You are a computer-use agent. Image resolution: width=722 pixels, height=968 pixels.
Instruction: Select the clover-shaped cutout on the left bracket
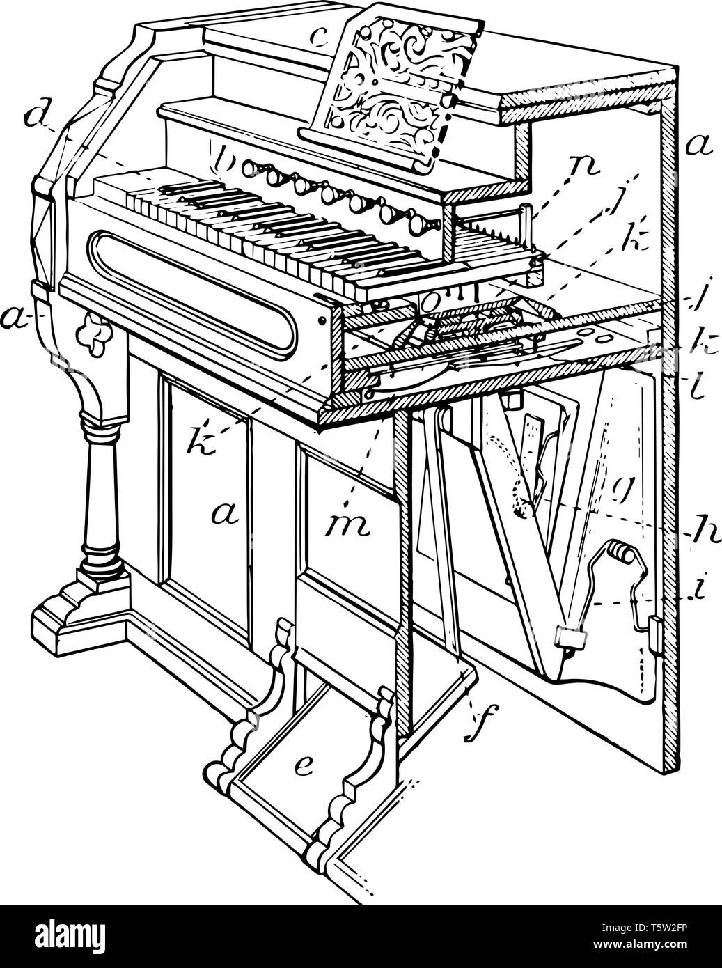[x=91, y=324]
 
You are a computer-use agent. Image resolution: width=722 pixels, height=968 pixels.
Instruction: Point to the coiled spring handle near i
[x=620, y=554]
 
